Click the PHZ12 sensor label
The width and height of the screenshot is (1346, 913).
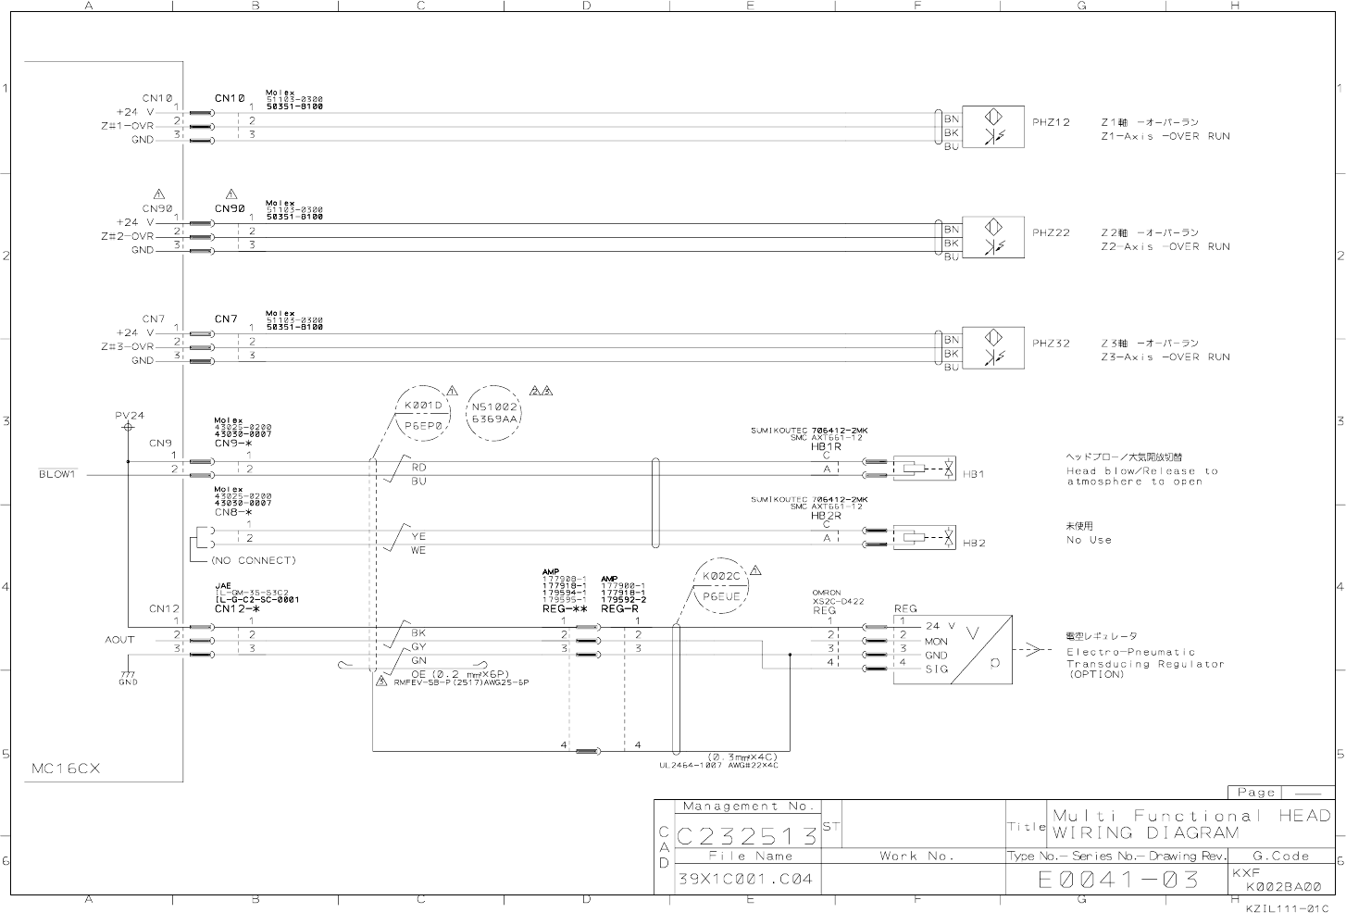click(1051, 122)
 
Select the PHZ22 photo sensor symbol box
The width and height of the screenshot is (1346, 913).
click(993, 237)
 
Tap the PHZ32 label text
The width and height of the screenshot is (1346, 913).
click(1051, 344)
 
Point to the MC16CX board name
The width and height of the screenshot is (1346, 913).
click(66, 769)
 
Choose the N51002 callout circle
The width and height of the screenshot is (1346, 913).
click(495, 412)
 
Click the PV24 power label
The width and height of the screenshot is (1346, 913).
click(130, 417)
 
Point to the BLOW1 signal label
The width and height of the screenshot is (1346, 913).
click(56, 475)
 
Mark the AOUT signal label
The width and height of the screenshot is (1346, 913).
click(119, 640)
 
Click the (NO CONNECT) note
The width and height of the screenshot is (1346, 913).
click(253, 560)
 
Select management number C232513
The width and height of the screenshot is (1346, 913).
click(747, 837)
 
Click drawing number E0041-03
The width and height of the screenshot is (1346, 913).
click(1117, 879)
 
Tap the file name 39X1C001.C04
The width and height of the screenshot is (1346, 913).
click(745, 879)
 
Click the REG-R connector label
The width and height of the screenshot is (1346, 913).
click(619, 609)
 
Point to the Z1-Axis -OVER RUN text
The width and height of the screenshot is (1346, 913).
click(1165, 136)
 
